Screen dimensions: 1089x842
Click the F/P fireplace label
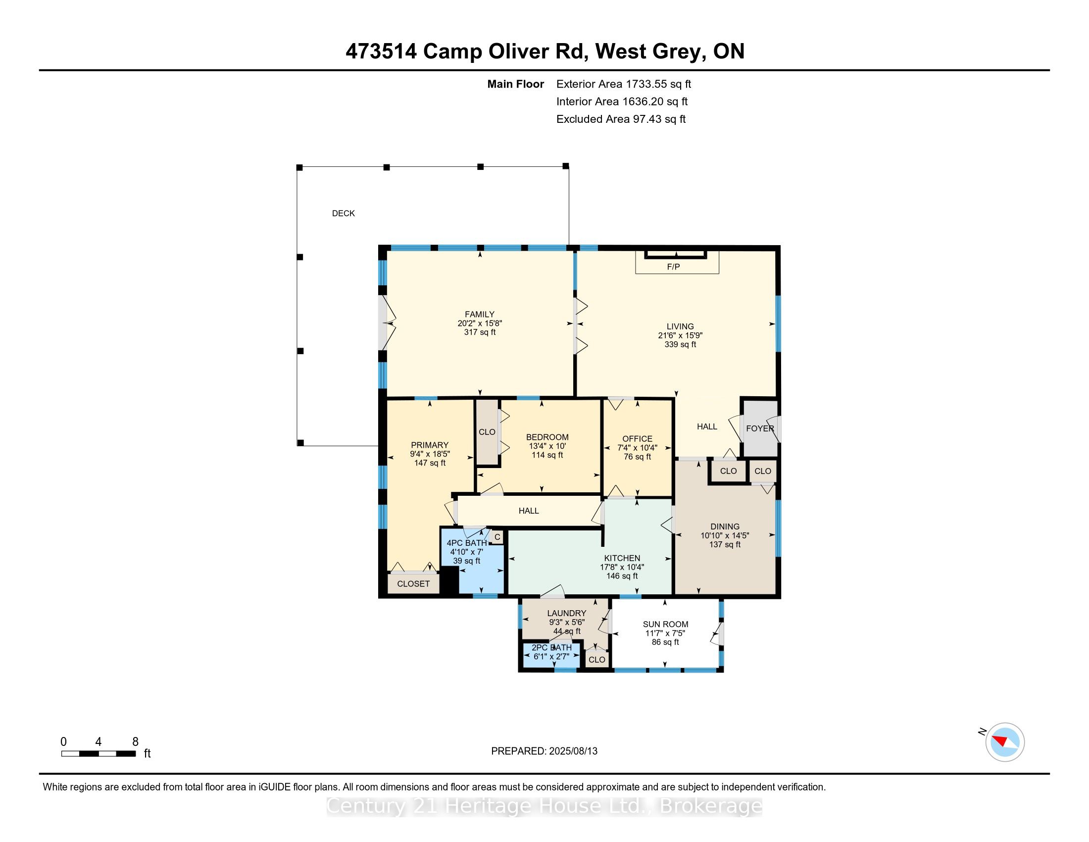(673, 267)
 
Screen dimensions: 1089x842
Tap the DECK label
(344, 213)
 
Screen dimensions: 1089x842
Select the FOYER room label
(760, 428)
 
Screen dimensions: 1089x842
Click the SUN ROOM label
(665, 624)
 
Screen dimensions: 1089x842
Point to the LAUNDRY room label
(566, 613)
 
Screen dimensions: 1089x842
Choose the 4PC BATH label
(467, 543)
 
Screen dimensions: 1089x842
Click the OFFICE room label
(637, 439)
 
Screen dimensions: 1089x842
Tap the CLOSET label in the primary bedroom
(413, 583)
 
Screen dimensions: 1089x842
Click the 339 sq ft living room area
(680, 344)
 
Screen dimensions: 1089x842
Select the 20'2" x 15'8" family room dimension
(480, 323)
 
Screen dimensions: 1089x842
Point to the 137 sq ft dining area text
(725, 544)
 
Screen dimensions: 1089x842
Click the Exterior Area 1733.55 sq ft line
(624, 84)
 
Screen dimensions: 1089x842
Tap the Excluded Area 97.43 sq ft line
(621, 119)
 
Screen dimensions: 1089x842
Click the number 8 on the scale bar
(135, 742)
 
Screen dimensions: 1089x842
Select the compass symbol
(1004, 742)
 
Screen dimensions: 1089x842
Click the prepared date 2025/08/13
(573, 751)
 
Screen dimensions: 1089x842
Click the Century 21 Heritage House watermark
(544, 806)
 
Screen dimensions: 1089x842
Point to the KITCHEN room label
(622, 558)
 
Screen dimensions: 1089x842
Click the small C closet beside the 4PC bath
(496, 537)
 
